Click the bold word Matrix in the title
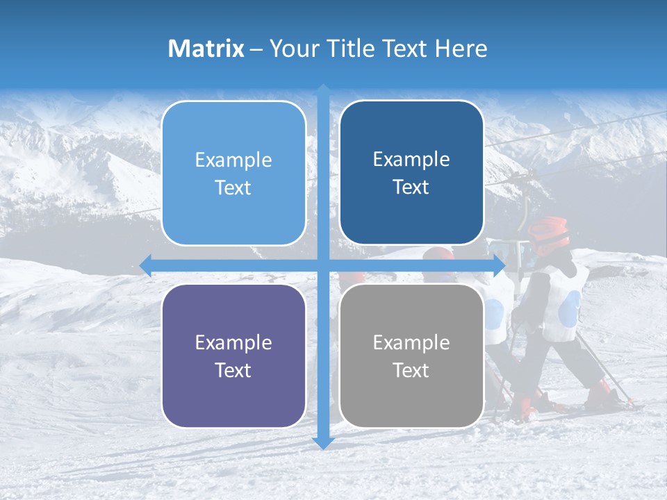[206, 49]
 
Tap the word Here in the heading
[461, 49]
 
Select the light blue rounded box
[233, 173]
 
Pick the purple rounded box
[233, 356]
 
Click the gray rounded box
[411, 356]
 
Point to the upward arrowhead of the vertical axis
[323, 90]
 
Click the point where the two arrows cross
[323, 265]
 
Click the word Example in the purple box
[233, 342]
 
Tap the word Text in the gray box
[411, 370]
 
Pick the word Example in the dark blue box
[411, 159]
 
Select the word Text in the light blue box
[233, 187]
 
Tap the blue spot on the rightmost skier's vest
[570, 306]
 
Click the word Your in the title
[293, 49]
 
